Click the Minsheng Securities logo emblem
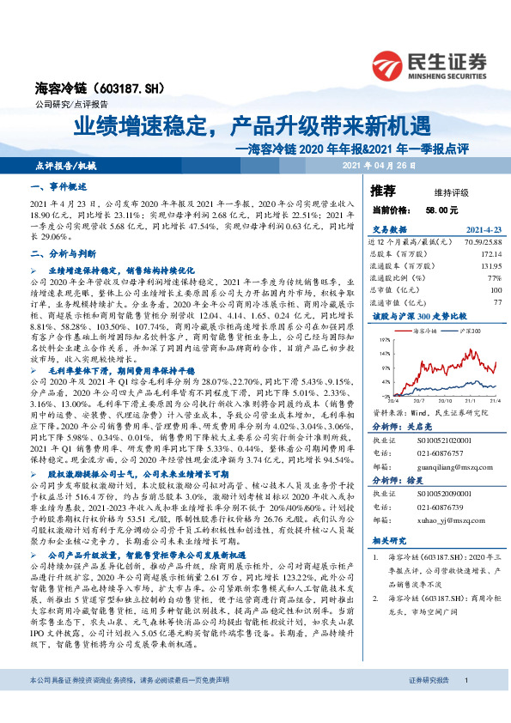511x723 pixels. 392,63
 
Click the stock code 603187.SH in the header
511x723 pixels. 102,88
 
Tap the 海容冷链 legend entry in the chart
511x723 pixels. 427,330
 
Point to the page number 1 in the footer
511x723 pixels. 465,703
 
